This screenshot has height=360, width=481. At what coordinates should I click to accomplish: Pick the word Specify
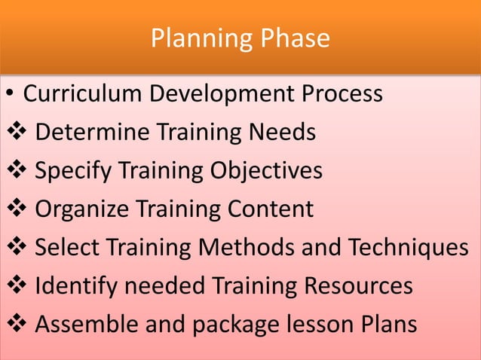73,172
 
